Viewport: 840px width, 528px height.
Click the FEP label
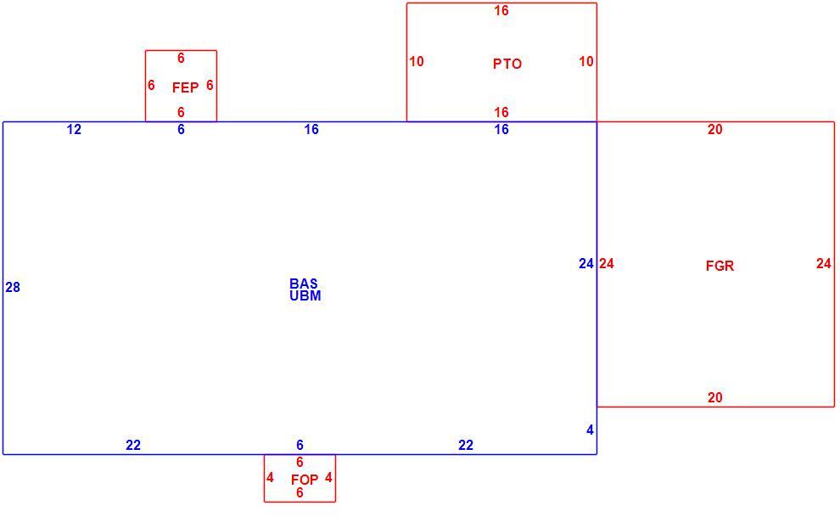[x=185, y=87]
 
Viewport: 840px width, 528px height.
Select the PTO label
[x=507, y=64]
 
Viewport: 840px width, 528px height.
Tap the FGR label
[x=720, y=266]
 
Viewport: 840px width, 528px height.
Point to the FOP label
[x=305, y=480]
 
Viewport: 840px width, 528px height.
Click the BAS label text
[x=304, y=284]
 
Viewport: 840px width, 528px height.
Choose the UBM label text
[x=305, y=295]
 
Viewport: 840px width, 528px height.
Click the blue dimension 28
[x=13, y=287]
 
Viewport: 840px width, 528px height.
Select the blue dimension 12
[x=74, y=129]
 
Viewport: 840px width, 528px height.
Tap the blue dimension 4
[x=590, y=430]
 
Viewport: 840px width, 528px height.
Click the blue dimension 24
[x=586, y=264]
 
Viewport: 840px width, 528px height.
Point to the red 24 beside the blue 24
[x=607, y=264]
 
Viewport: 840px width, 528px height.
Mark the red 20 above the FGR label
[x=715, y=129]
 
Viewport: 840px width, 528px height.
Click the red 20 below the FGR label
[x=715, y=398]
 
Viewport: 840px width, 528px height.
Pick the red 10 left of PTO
[x=417, y=62]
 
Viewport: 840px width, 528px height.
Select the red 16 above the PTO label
[x=501, y=11]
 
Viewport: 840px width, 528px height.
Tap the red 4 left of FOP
[x=270, y=478]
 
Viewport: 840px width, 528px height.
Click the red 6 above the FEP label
[x=181, y=58]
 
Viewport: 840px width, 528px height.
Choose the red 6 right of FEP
[x=210, y=85]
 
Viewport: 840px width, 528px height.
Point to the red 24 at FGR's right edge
[x=824, y=264]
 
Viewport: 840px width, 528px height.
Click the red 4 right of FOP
[x=328, y=478]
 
